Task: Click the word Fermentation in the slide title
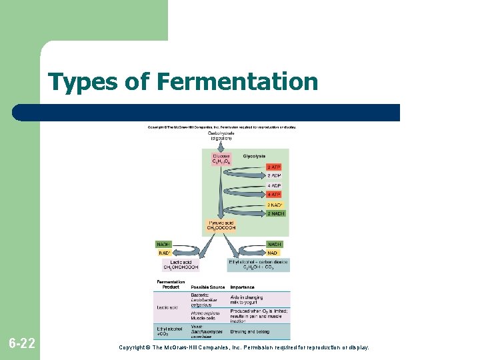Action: [237, 83]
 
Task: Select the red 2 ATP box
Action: [274, 167]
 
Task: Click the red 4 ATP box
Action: [274, 195]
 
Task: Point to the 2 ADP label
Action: [274, 176]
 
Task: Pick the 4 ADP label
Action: [274, 185]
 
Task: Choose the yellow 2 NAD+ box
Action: [274, 205]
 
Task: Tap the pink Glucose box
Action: [221, 159]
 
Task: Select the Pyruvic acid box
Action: [222, 225]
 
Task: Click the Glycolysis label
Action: [255, 156]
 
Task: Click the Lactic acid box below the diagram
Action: [181, 265]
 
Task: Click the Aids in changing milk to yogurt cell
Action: [247, 299]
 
